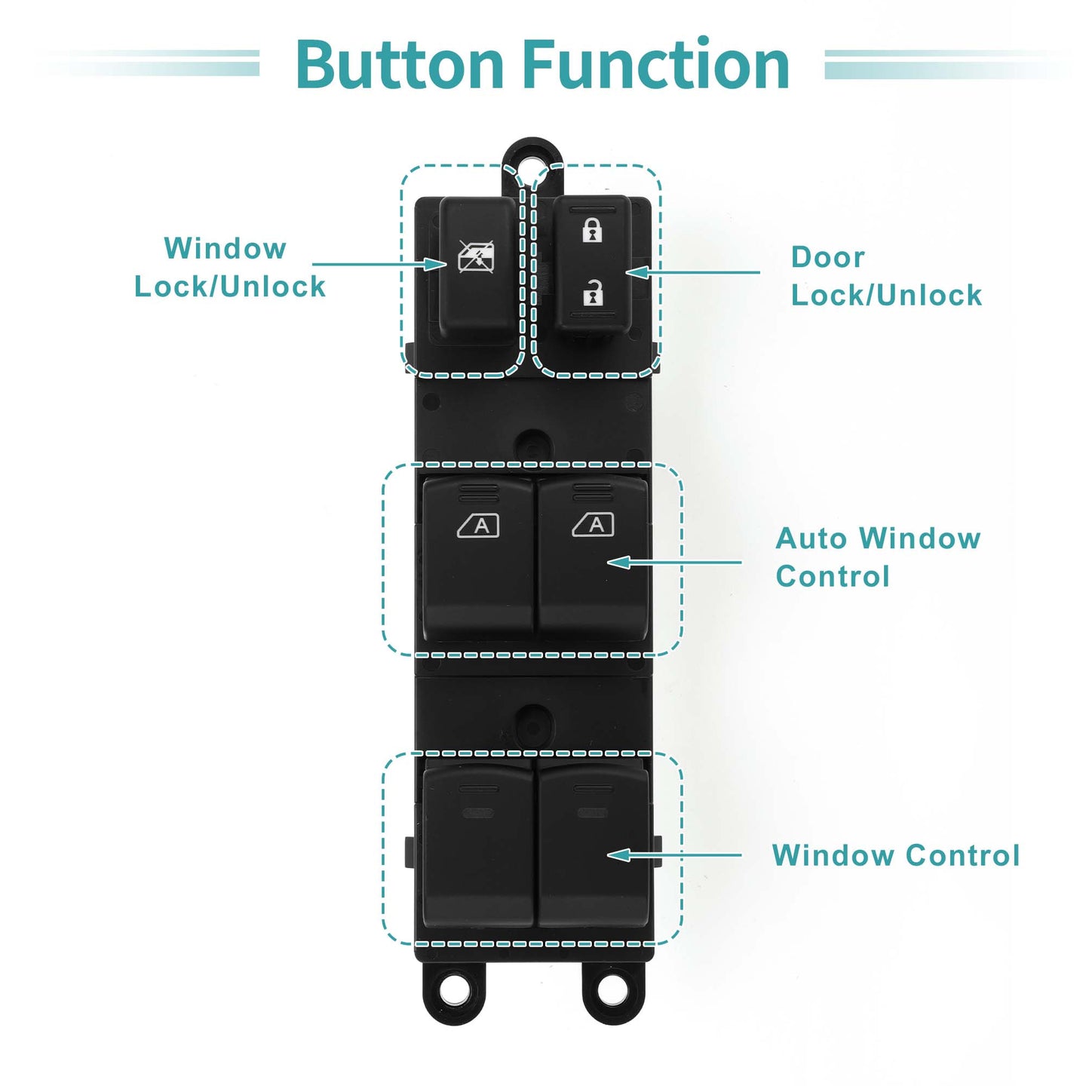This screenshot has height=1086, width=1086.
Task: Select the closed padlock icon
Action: pos(592,229)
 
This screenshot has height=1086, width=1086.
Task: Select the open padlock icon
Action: pos(592,292)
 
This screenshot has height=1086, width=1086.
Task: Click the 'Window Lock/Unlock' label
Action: pos(230,267)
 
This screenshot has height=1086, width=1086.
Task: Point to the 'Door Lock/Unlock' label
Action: pos(886,276)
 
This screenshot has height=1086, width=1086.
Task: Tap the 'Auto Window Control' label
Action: pos(878,557)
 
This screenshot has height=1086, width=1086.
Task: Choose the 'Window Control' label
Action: pos(896,855)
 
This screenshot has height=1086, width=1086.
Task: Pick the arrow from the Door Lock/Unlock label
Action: pos(692,272)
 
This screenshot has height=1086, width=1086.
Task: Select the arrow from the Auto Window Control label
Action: pos(674,562)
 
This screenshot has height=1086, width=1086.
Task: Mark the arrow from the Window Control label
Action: pos(674,855)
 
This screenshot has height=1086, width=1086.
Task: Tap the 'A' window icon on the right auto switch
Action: pos(593,525)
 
